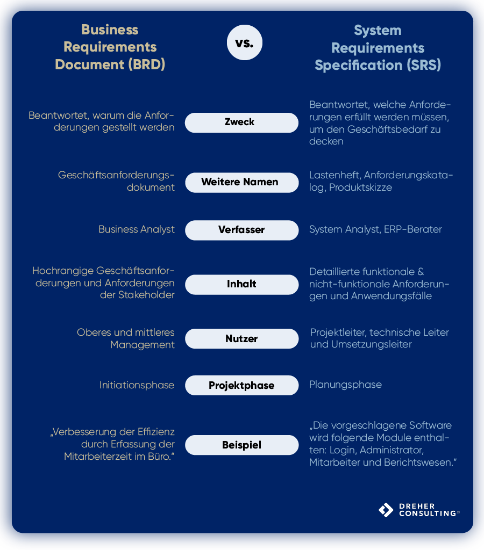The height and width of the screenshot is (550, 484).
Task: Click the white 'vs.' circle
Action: (x=244, y=42)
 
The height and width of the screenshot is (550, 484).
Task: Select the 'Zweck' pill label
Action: (x=241, y=122)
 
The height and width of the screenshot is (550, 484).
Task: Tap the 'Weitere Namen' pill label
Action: (x=241, y=182)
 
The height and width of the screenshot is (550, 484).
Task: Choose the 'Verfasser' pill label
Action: (x=241, y=230)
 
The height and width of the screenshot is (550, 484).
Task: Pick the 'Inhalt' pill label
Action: (x=241, y=284)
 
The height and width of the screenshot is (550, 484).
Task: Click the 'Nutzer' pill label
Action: (x=241, y=339)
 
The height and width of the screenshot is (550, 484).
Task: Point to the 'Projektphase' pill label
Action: (x=241, y=386)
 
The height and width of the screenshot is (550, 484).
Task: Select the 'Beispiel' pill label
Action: (x=241, y=445)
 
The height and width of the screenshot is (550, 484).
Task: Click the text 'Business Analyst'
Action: (x=137, y=229)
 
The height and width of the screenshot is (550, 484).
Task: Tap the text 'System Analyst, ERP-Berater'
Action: (x=375, y=229)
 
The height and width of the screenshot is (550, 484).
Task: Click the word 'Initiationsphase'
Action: (x=137, y=385)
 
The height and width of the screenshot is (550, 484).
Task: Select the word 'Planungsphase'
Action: (x=345, y=385)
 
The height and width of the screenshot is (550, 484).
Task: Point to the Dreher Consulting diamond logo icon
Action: (x=386, y=510)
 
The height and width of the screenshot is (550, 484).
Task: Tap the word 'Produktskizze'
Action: (x=360, y=187)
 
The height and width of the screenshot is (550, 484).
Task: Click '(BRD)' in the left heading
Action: (x=146, y=64)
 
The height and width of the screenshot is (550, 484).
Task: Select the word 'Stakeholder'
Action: (x=145, y=295)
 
